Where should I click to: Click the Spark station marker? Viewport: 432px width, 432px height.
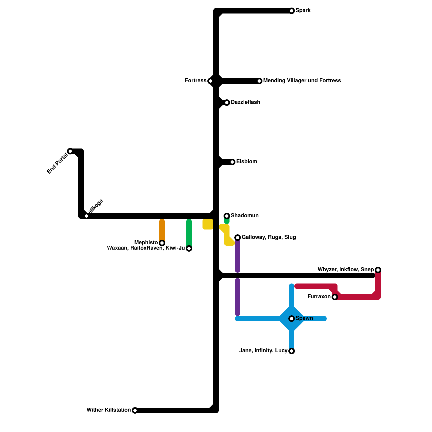point(292,11)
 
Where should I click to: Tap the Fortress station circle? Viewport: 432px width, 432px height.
point(211,81)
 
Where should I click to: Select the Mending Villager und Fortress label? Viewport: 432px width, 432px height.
point(302,81)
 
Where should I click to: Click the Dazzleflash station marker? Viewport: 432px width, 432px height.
point(227,103)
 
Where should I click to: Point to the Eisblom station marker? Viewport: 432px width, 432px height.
point(232,162)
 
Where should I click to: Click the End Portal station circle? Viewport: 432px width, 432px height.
point(70,151)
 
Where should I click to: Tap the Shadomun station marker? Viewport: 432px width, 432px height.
point(227,216)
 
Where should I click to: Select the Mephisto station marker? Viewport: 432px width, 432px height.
point(162,243)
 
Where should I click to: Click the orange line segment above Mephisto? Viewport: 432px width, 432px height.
point(162,230)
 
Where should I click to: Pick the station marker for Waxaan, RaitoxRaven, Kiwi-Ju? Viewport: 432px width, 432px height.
point(189,248)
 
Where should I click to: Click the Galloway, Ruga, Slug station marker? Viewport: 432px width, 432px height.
point(238,238)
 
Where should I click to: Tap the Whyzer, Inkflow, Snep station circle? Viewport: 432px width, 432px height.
point(378,270)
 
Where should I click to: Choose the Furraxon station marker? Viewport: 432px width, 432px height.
point(335,297)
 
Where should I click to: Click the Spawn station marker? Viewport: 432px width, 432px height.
point(292,319)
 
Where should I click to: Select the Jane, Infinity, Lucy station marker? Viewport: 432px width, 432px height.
point(292,351)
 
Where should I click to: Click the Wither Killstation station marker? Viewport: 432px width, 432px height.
point(135,410)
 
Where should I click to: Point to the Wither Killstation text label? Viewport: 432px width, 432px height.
point(109,410)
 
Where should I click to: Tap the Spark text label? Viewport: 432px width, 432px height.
point(303,11)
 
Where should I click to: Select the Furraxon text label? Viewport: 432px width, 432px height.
point(319,297)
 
